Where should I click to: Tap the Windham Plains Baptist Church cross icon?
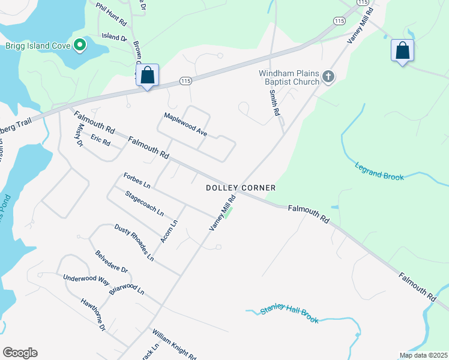point(328,76)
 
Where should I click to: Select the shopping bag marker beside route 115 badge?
point(148,76)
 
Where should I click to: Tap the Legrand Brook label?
point(379,171)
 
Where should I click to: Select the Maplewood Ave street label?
point(185,124)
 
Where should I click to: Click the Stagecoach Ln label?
point(144,203)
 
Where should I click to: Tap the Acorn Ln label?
point(169,232)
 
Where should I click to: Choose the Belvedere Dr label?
point(111,262)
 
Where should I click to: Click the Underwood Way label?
point(86,280)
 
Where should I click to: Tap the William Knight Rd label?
point(174,344)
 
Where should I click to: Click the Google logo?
point(20,353)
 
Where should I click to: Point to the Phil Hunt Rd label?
point(112,13)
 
